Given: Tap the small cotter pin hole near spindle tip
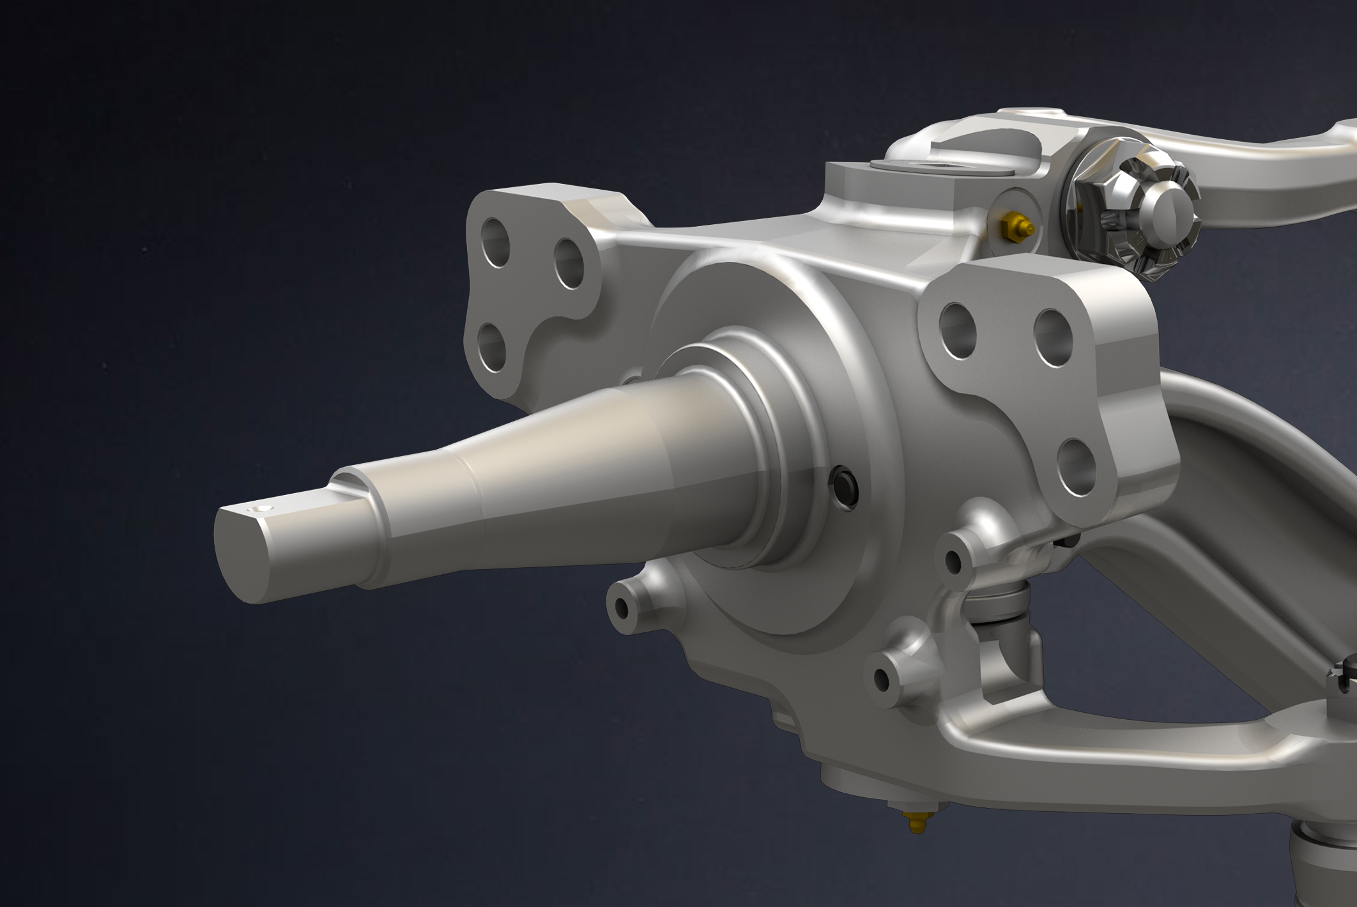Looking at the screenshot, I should pos(259,509).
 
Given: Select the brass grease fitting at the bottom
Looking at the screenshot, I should pos(915,824).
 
